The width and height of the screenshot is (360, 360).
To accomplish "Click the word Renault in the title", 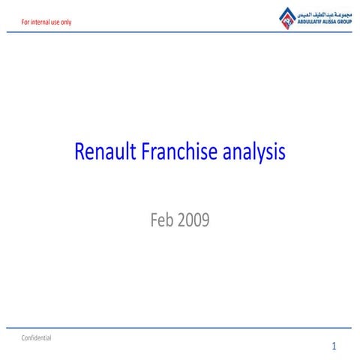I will point(102,153).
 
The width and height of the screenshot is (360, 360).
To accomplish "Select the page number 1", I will point(334,346).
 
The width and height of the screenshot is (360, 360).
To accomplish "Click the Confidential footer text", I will point(36,338).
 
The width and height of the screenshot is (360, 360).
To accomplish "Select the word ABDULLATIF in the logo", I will point(311,22).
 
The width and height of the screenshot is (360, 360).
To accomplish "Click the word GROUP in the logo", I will point(344,22).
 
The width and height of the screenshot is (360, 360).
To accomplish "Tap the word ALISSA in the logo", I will point(330,22).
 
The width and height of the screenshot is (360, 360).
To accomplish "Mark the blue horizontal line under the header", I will point(180,32).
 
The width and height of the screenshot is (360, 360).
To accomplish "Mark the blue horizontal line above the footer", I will point(180,328).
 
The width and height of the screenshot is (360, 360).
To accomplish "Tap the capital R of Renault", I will point(79,153).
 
